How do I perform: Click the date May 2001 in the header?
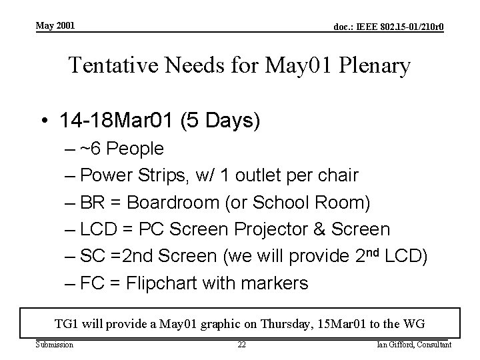pos(55,25)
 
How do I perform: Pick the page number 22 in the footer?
pos(242,345)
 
